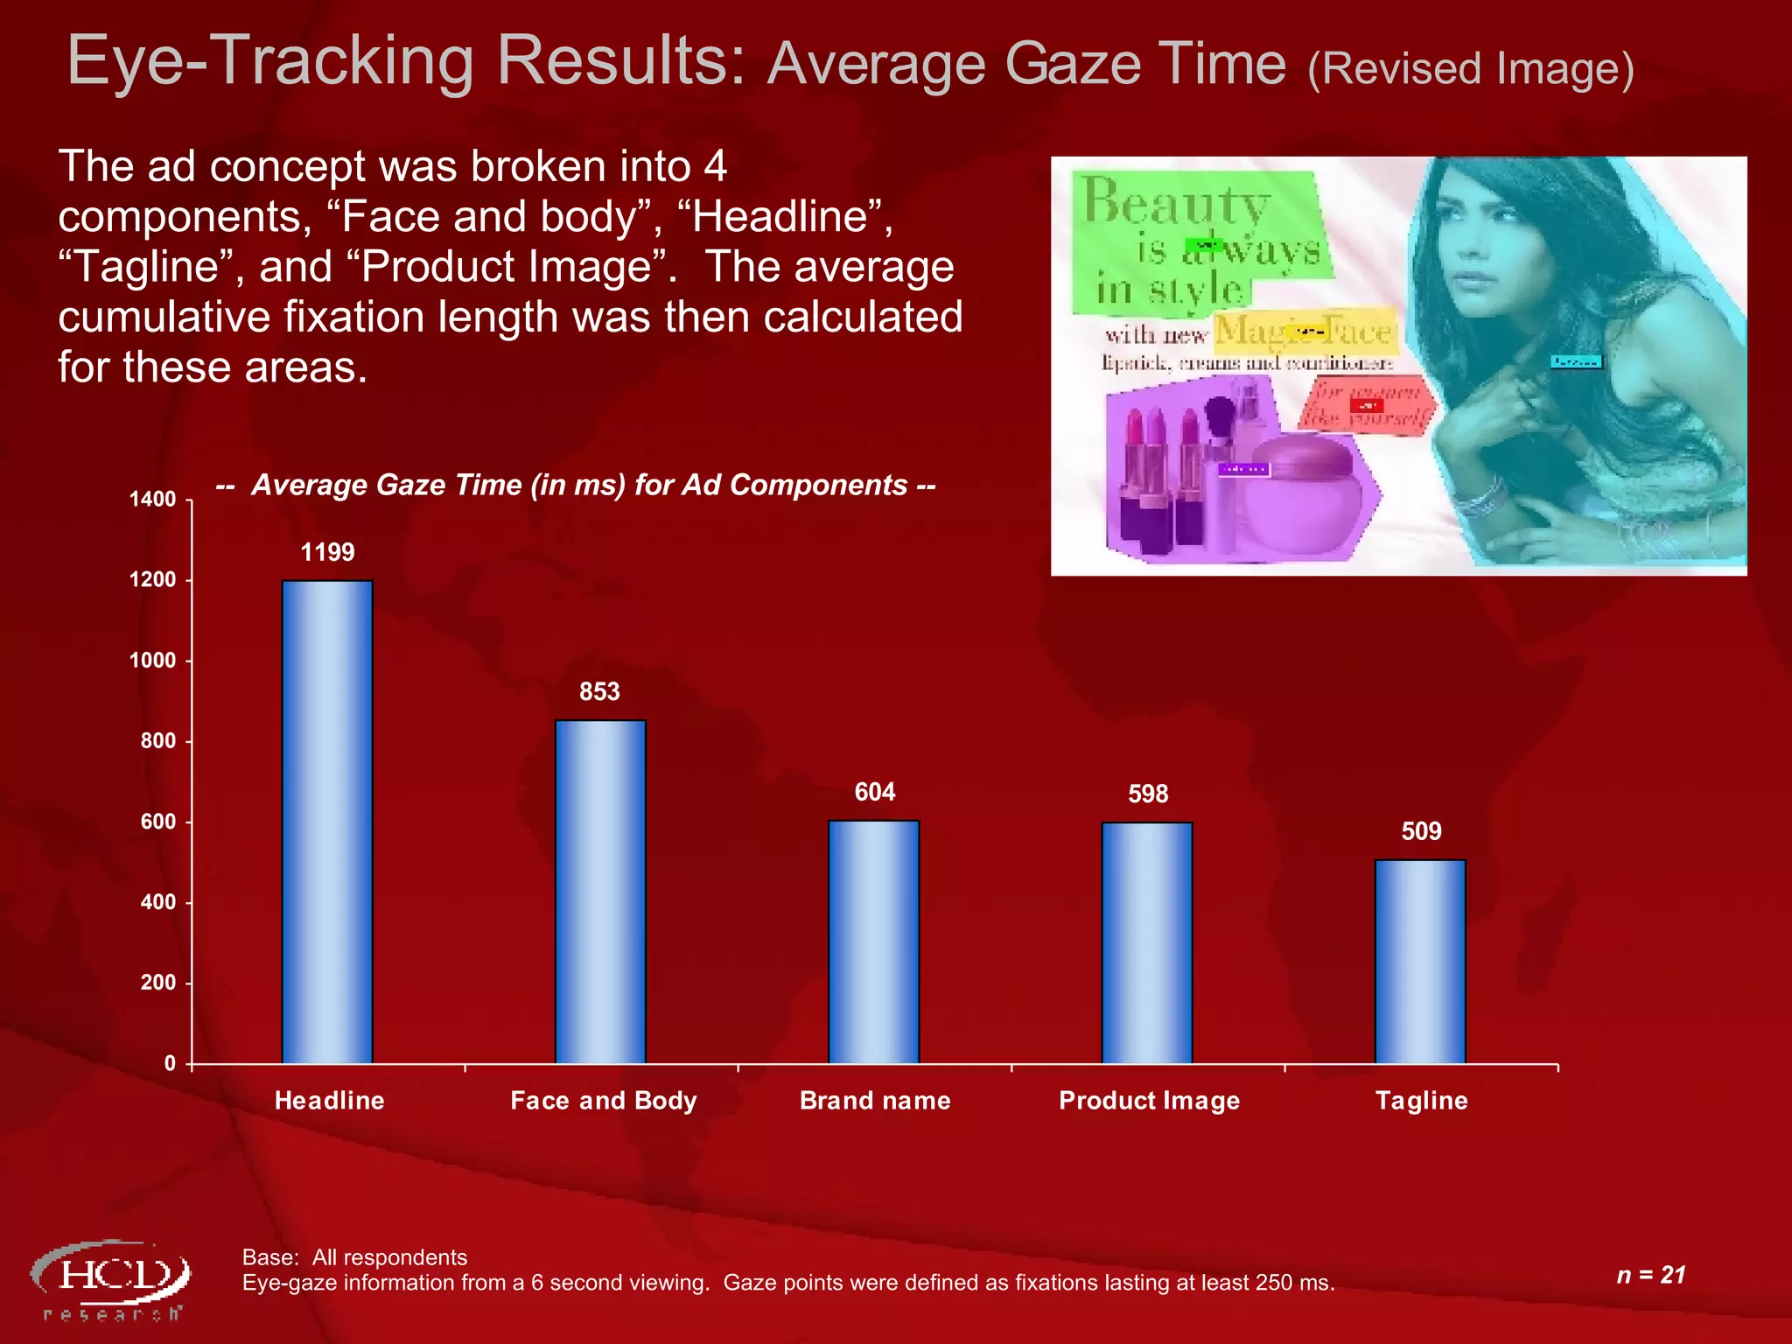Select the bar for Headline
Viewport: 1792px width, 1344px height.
point(327,822)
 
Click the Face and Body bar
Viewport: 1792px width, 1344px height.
point(600,892)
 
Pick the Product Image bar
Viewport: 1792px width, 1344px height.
point(1147,942)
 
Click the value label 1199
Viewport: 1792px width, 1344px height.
point(327,552)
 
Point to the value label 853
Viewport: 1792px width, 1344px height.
point(599,692)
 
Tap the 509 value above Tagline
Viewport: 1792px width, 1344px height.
point(1421,831)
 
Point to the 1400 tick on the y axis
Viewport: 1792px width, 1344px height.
point(153,500)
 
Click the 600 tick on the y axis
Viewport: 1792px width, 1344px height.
point(158,822)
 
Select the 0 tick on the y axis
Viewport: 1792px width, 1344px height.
point(170,1063)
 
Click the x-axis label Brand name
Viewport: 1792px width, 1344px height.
point(875,1101)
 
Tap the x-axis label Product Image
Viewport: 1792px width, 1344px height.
point(1149,1101)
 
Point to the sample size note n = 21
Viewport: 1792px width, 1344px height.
point(1650,1275)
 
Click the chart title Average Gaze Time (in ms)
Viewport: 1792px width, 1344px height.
point(576,485)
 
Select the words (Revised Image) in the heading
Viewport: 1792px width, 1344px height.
point(1470,69)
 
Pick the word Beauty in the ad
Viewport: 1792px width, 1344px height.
point(1175,203)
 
